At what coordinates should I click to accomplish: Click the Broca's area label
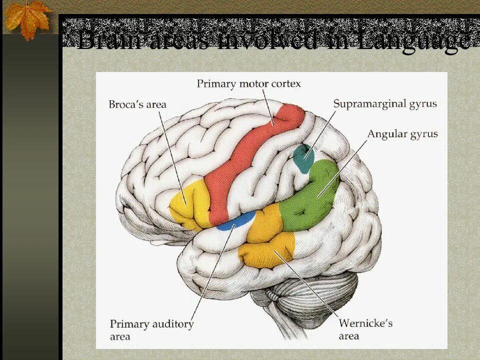coord(137,104)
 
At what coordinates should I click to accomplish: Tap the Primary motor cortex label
coord(248,83)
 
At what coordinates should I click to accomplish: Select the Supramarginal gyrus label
coord(385,104)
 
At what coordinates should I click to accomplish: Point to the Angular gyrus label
coord(402,134)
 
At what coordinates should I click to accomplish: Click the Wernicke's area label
coord(365,329)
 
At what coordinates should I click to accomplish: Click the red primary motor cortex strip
coord(250,155)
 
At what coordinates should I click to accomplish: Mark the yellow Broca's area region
coord(190,205)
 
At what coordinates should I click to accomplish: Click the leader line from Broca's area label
coord(172,155)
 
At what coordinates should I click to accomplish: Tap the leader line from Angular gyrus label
coord(342,167)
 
